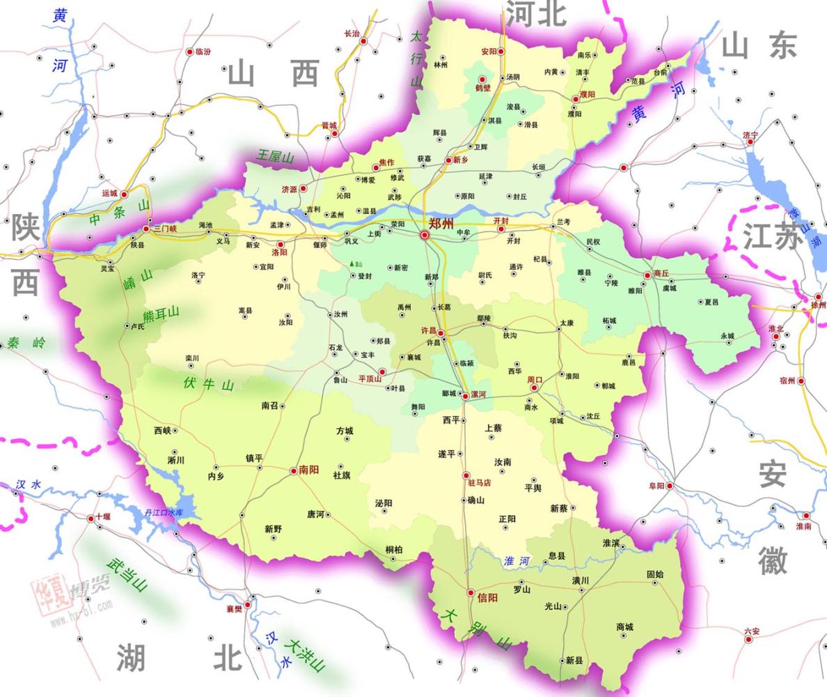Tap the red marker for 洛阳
tap(281, 245)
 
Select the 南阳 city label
tap(309, 470)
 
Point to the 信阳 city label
tap(488, 597)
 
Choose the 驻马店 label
tap(480, 482)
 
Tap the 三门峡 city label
tap(166, 229)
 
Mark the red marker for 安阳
tap(501, 52)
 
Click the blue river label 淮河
tap(517, 560)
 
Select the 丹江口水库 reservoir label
tap(164, 513)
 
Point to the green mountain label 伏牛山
tap(208, 383)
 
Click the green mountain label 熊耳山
tap(162, 314)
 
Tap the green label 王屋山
tap(275, 157)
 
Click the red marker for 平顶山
tap(381, 372)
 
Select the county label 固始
tap(655, 574)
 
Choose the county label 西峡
tap(162, 431)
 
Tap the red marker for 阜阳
tap(670, 486)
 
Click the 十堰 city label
tap(103, 517)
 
